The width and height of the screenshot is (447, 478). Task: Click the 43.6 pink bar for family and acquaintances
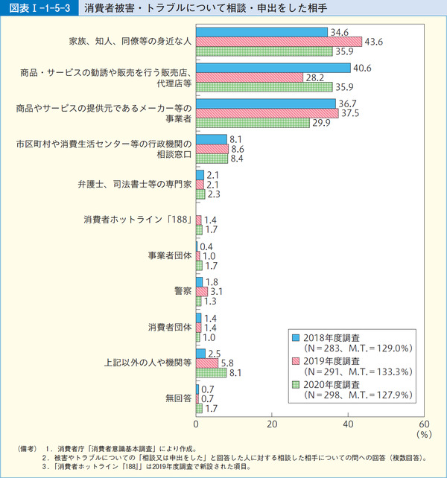click(279, 42)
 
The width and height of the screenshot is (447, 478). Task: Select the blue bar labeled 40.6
click(273, 68)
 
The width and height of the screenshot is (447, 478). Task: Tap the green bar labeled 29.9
click(253, 123)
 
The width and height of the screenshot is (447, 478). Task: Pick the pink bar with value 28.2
click(250, 77)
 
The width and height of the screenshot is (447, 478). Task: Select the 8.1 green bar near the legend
click(212, 372)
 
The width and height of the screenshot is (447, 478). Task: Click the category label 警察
click(183, 291)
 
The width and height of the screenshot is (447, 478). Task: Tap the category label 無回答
click(179, 398)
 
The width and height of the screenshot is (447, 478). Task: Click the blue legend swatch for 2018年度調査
click(296, 336)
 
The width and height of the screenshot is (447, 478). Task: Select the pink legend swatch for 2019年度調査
click(296, 360)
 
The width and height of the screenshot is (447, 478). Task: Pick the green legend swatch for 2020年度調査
click(296, 385)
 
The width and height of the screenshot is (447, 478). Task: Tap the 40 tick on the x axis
click(348, 424)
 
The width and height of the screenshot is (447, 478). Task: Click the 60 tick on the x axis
click(424, 424)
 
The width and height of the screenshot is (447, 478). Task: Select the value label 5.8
click(229, 363)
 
